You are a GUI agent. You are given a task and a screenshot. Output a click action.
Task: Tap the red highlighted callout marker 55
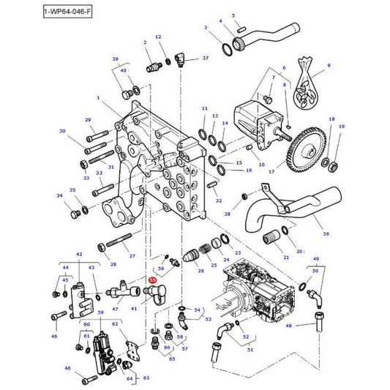[152, 280]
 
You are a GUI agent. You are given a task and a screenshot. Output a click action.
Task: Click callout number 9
[329, 66]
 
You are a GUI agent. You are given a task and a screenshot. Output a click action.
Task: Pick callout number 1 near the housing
[97, 97]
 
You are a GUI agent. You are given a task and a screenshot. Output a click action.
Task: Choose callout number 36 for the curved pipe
[326, 234]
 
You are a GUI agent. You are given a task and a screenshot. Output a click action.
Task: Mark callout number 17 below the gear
[271, 173]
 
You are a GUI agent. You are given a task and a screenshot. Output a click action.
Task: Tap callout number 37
[205, 57]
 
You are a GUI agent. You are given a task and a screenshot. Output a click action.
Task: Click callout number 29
[88, 120]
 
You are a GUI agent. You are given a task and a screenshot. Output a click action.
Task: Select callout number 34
[59, 195]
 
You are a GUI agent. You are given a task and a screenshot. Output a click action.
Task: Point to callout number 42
[78, 254]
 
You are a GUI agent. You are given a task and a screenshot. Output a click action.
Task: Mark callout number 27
[132, 256]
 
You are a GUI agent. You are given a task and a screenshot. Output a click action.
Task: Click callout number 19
[342, 127]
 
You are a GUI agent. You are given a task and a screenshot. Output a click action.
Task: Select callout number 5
[233, 15]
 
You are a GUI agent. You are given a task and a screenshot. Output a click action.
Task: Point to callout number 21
[285, 258]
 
